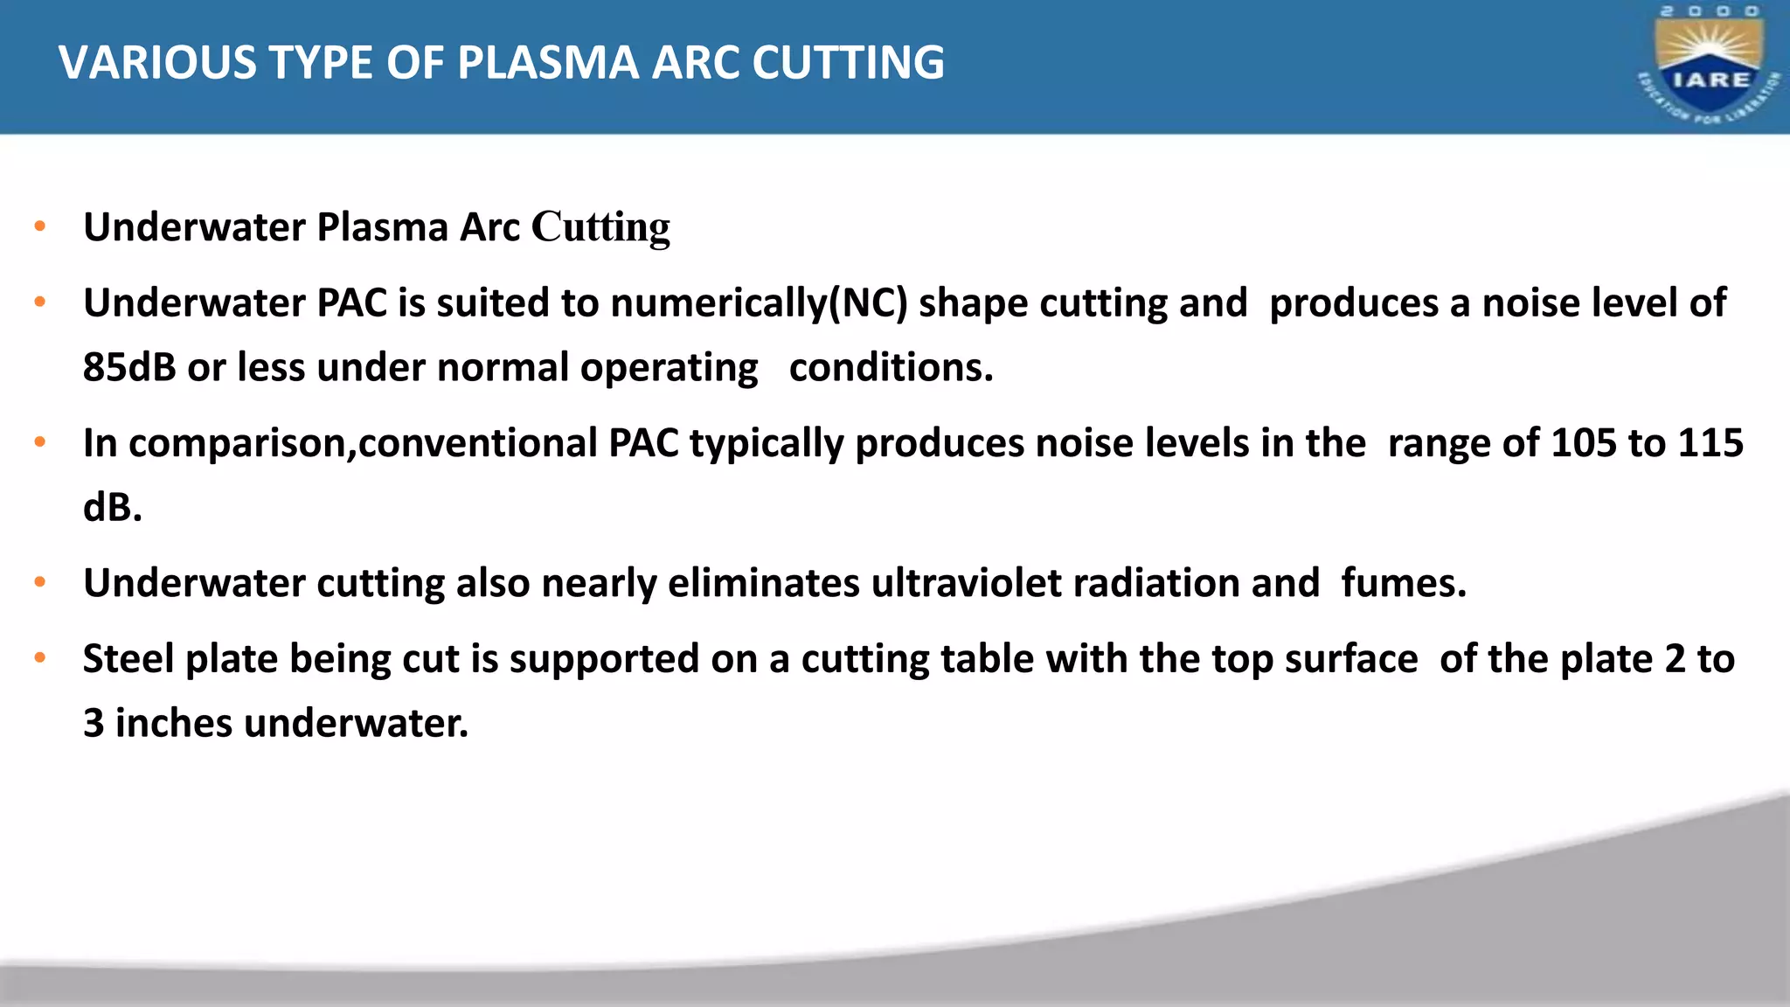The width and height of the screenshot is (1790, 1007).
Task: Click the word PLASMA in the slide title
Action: click(x=548, y=63)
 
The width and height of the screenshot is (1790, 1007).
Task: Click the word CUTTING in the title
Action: click(x=848, y=63)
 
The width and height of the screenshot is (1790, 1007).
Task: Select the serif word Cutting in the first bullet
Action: click(x=600, y=227)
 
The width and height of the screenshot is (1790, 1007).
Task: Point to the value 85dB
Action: click(x=129, y=367)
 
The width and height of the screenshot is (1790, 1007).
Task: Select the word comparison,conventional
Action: click(x=362, y=443)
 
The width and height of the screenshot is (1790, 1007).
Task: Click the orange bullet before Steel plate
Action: click(x=39, y=658)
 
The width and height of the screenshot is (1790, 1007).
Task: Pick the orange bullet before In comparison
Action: click(x=39, y=442)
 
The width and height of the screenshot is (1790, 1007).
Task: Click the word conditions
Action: click(x=891, y=367)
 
